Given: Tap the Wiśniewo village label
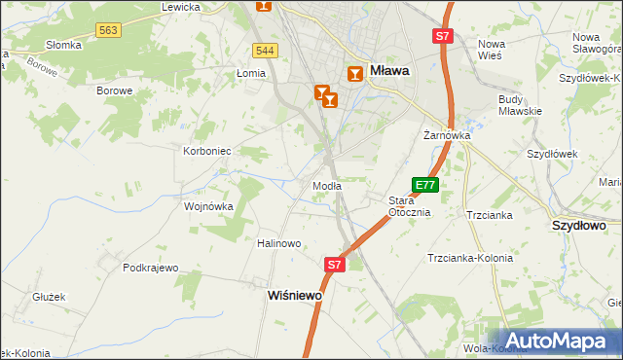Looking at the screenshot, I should click(x=294, y=295).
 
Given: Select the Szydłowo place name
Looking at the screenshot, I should click(x=578, y=225).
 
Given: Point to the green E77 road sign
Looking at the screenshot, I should click(x=425, y=185).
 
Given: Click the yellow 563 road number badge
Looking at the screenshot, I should click(x=109, y=31).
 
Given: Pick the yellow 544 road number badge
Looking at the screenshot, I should click(x=265, y=50).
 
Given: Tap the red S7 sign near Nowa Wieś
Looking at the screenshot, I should click(x=443, y=36).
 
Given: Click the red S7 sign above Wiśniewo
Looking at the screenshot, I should click(x=334, y=264).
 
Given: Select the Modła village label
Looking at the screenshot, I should click(x=325, y=186).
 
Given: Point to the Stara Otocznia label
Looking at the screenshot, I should click(x=409, y=206).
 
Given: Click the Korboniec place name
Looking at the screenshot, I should click(x=207, y=152).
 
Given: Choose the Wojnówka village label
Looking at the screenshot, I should click(x=209, y=206).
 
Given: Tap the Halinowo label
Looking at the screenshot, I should click(x=279, y=243).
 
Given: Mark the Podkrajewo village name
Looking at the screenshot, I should click(x=153, y=268).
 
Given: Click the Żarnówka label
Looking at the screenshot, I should click(x=447, y=136).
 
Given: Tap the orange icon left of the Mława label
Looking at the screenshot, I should click(x=355, y=73).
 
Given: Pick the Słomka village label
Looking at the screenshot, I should click(x=64, y=45).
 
